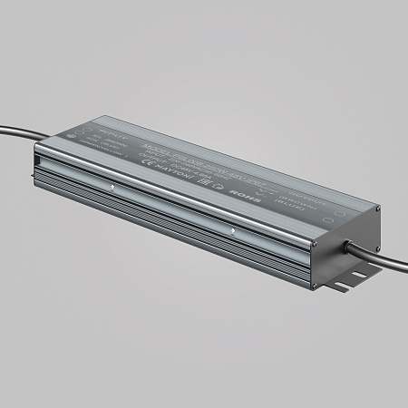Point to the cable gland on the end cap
point(348,242)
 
